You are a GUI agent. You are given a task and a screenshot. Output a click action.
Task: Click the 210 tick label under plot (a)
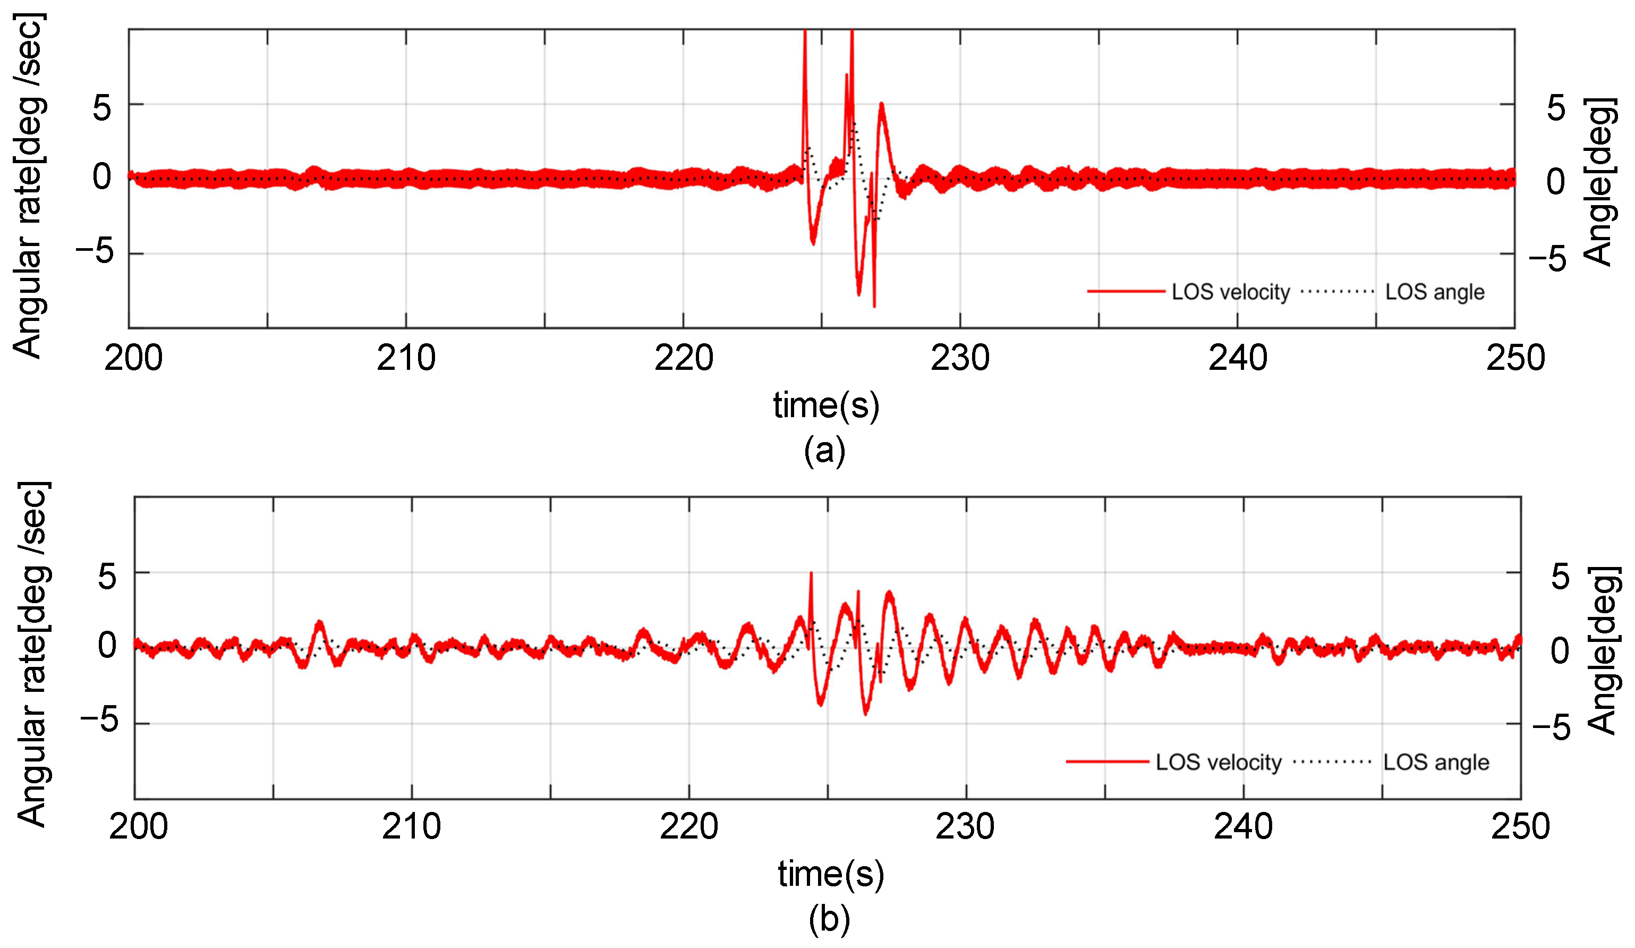(x=406, y=358)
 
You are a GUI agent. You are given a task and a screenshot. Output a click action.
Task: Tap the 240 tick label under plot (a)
(x=1237, y=358)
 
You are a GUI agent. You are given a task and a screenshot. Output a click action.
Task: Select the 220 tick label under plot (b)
(x=688, y=827)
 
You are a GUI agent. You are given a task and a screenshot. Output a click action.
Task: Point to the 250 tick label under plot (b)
(x=1520, y=827)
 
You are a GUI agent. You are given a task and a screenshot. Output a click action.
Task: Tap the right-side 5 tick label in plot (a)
(x=1556, y=108)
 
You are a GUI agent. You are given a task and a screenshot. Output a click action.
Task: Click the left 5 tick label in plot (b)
(x=107, y=576)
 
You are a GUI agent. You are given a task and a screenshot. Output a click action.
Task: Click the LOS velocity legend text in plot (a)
(x=1230, y=292)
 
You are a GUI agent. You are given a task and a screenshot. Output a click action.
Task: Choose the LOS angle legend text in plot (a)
(x=1435, y=292)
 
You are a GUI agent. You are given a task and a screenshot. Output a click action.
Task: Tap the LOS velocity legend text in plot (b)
(x=1219, y=762)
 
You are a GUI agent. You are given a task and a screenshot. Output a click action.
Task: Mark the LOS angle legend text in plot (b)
(x=1436, y=762)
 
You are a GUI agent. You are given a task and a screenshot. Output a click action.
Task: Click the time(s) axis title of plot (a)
(x=826, y=405)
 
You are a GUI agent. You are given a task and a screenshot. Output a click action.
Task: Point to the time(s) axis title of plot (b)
(x=830, y=874)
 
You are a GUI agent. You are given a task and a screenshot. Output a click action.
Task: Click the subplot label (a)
(x=824, y=450)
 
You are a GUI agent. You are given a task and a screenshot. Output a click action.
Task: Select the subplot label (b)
(x=829, y=919)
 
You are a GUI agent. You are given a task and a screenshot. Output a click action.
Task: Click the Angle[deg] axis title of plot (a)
(x=1600, y=182)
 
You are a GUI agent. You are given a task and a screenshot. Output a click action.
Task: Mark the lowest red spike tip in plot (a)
(x=874, y=306)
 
